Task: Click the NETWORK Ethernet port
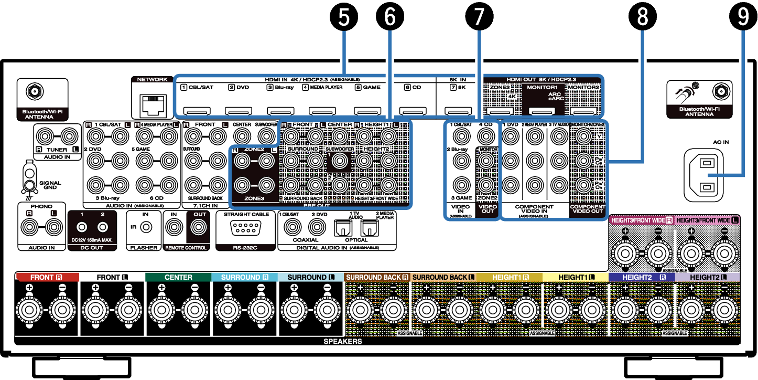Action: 153,106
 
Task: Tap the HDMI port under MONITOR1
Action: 542,111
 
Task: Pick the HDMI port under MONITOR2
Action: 583,111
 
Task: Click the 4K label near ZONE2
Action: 512,97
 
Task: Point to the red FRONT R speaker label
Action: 47,277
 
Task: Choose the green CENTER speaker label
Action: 178,277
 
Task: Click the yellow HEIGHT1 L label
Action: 576,277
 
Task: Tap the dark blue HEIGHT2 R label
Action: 642,277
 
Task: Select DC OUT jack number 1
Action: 82,227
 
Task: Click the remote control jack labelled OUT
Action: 199,227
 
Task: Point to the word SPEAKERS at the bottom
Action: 343,342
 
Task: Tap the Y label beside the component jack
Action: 599,136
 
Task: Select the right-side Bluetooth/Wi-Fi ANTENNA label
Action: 699,111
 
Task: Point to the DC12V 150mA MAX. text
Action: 92,240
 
